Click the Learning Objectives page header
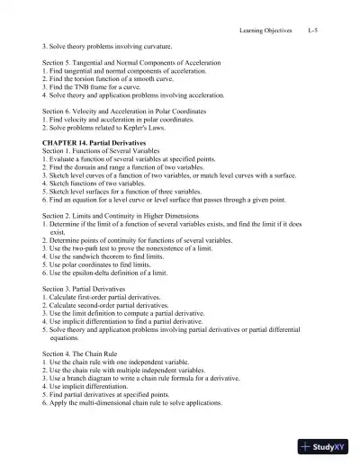point(266,31)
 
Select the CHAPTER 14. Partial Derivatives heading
point(92,142)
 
